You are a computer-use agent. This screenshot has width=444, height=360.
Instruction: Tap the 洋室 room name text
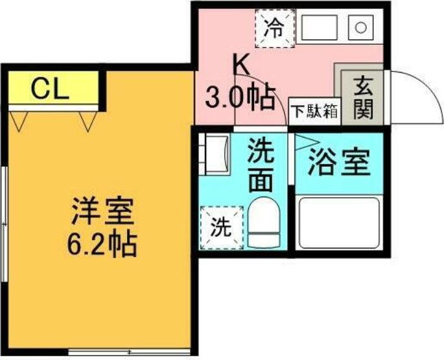tap(102, 211)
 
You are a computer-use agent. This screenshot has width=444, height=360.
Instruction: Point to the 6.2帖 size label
tap(102, 244)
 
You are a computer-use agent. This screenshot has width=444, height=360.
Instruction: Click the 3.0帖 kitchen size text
tap(240, 97)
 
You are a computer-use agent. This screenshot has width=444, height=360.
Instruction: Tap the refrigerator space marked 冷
tap(275, 29)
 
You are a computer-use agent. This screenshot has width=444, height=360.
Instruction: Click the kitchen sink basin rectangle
tap(320, 27)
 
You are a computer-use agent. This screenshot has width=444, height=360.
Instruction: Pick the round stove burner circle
tap(361, 28)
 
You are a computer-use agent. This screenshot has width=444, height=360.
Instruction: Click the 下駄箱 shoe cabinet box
tap(314, 112)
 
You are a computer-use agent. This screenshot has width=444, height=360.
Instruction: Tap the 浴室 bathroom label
tap(340, 162)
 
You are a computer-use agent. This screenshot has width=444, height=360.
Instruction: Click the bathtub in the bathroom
tap(339, 223)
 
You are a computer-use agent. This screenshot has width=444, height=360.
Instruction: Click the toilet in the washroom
tap(264, 223)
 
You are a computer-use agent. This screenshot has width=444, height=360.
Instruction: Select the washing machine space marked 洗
tap(222, 228)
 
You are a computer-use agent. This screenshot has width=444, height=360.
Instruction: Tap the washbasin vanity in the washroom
tap(215, 154)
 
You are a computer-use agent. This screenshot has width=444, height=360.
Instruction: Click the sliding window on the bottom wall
tap(130, 352)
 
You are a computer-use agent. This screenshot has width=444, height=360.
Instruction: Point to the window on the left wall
tap(5, 224)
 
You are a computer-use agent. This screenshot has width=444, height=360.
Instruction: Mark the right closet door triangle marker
tap(88, 121)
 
